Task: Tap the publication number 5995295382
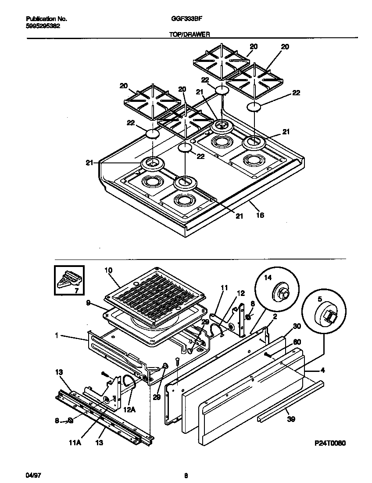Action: [43, 26]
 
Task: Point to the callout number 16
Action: [260, 216]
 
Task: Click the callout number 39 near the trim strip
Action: [290, 419]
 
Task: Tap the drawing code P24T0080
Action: [329, 443]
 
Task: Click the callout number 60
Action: [296, 342]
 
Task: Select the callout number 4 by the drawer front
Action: [322, 370]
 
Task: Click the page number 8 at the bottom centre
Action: [186, 475]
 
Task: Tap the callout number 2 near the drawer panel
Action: [274, 316]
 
